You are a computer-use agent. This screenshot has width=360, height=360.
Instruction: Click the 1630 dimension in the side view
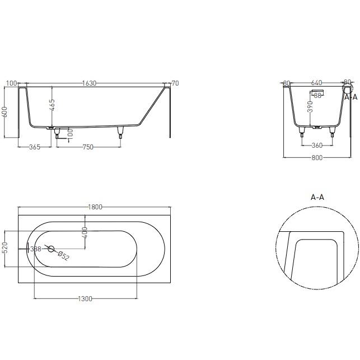[x=89, y=83]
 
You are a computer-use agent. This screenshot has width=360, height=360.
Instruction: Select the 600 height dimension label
[x=5, y=111]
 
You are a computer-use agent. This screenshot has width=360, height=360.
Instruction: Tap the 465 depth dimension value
[x=52, y=105]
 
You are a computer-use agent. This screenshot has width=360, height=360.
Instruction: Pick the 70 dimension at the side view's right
[x=175, y=83]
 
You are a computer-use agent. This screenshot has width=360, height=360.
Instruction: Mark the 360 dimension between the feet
[x=317, y=146]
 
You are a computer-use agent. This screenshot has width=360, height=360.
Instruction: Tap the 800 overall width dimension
[x=317, y=158]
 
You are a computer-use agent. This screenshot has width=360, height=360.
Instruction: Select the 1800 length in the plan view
[x=95, y=207]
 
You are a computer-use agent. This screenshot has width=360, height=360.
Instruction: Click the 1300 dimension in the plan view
[x=85, y=299]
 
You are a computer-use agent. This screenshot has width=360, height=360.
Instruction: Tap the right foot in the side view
[x=120, y=132]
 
